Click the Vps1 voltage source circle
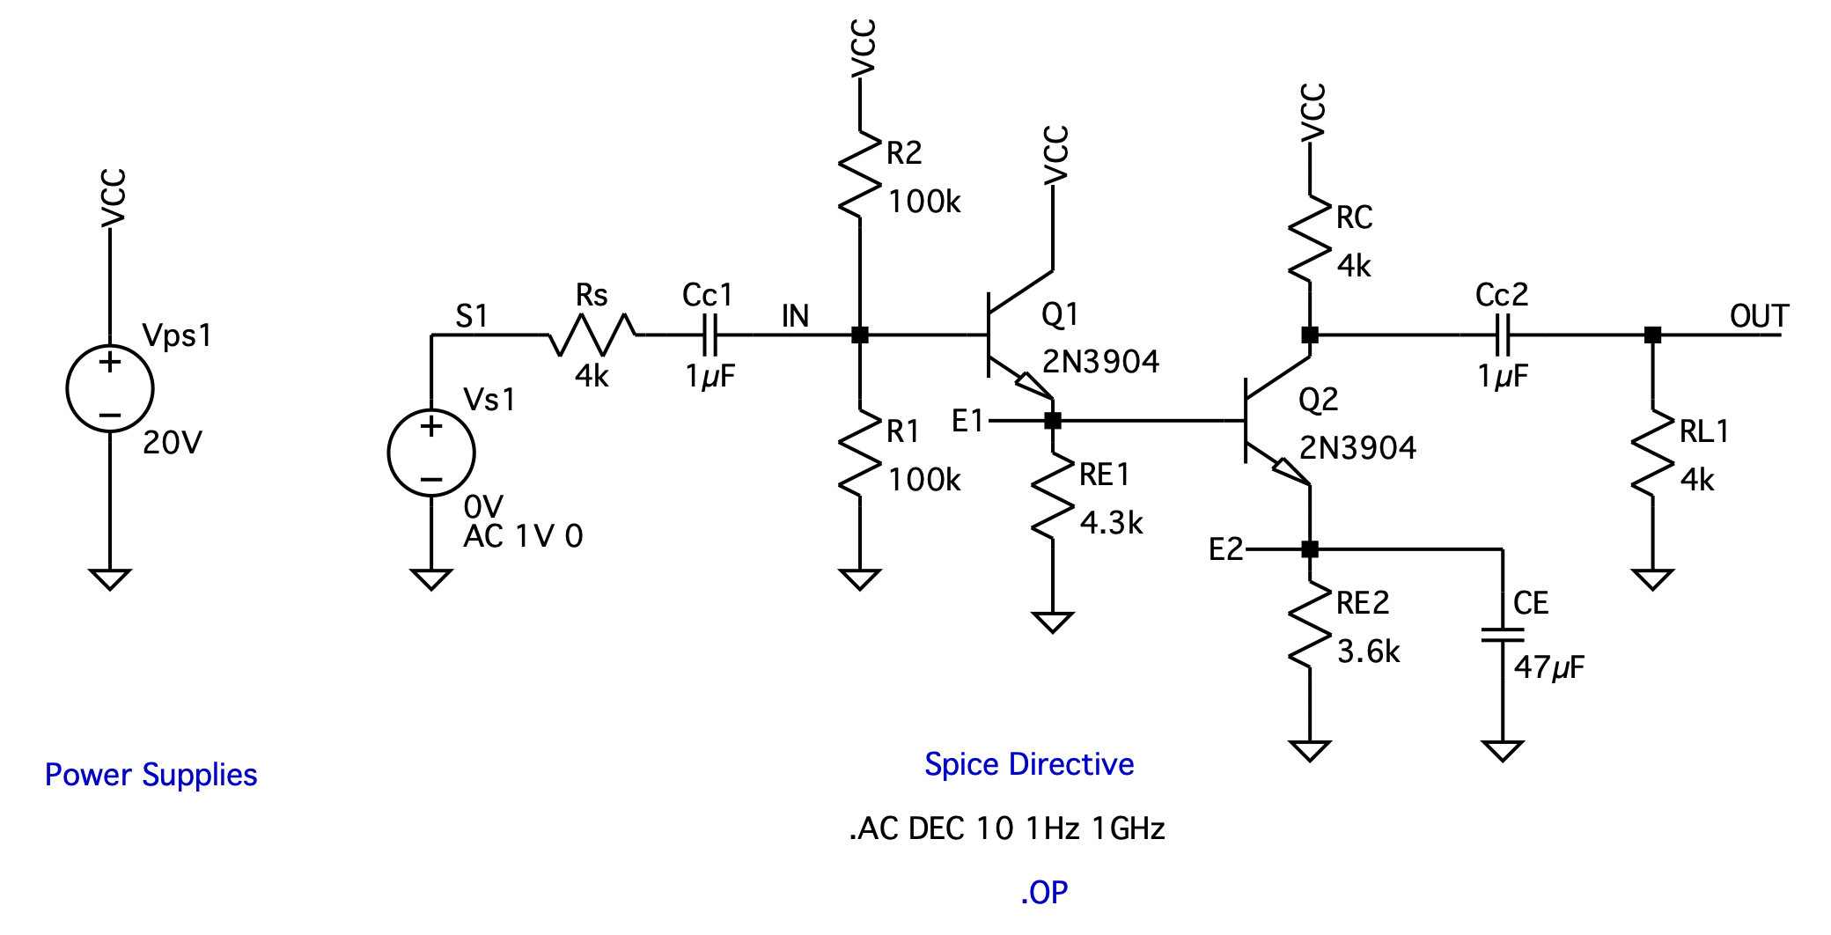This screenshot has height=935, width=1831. (x=110, y=388)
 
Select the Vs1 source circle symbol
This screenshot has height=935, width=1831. (x=431, y=453)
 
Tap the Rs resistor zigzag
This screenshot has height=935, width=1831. (x=592, y=335)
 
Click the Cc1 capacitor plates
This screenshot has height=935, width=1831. (x=711, y=335)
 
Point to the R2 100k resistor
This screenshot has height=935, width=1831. (x=860, y=174)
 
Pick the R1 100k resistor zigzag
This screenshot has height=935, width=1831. (x=860, y=453)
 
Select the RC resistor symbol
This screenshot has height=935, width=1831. (x=1310, y=239)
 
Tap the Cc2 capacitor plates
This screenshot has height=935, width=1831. (x=1504, y=335)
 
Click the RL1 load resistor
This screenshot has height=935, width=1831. (x=1653, y=453)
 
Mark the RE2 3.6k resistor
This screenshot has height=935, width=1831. (x=1310, y=624)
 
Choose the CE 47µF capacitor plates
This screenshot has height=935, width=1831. (x=1503, y=635)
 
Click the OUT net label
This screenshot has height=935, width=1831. (x=1759, y=316)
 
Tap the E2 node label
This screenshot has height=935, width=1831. (x=1225, y=549)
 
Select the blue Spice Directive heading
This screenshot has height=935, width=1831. (x=1029, y=764)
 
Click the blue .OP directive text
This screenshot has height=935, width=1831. (x=1044, y=893)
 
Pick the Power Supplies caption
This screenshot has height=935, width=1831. (x=151, y=775)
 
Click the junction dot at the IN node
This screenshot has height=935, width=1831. (x=860, y=335)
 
